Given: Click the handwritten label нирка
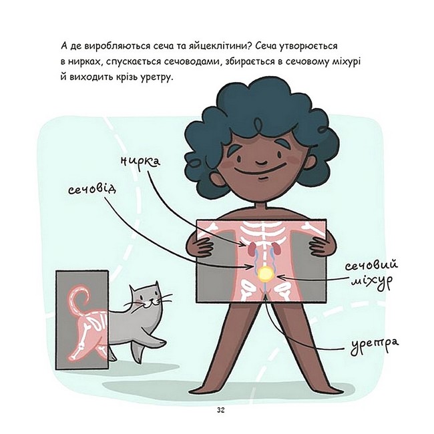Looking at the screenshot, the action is point(140,162).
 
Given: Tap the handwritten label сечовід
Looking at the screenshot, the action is point(92,190).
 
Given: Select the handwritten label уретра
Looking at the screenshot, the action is point(375,345).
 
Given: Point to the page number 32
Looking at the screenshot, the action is point(220,410).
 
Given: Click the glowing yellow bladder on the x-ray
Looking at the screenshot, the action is point(266,274).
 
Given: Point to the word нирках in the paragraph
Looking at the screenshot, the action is point(82,61).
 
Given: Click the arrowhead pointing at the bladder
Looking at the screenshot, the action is point(280,277).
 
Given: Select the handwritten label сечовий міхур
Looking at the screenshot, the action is point(371,272).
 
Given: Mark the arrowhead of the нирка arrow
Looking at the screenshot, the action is point(243,244).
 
